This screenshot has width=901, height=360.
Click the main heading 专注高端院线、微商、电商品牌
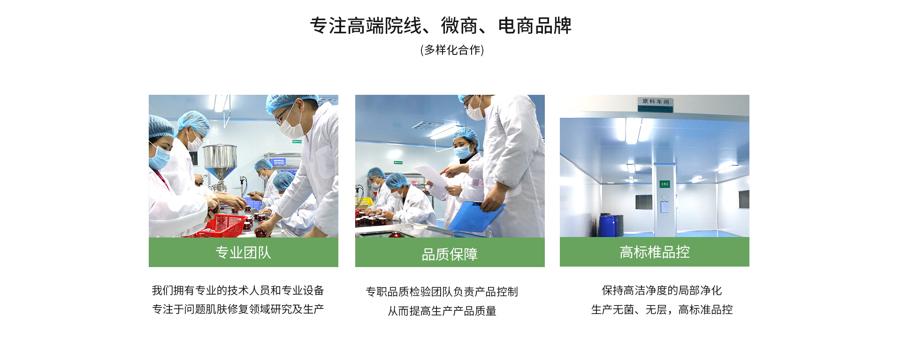pos(441,26)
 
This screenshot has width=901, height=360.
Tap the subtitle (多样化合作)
pos(452,50)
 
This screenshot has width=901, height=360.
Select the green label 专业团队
pos(243,253)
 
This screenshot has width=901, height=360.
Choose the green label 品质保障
pos(450,254)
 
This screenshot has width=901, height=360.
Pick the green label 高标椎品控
pos(655,252)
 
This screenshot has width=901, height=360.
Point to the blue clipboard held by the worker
pos(476,216)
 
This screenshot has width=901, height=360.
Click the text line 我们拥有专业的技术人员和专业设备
pos(238,291)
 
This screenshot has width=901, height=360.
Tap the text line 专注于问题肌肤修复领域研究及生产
pos(238,309)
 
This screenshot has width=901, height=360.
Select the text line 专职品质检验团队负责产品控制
pos(442,292)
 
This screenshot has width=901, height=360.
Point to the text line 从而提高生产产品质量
pos(442,311)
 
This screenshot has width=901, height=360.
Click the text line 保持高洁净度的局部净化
pos(662,291)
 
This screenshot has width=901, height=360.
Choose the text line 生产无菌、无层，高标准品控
pos(662,310)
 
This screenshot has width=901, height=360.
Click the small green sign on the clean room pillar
pos(664,184)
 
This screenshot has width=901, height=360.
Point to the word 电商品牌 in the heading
pos(535,26)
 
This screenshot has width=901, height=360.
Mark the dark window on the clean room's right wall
pos(744,199)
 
